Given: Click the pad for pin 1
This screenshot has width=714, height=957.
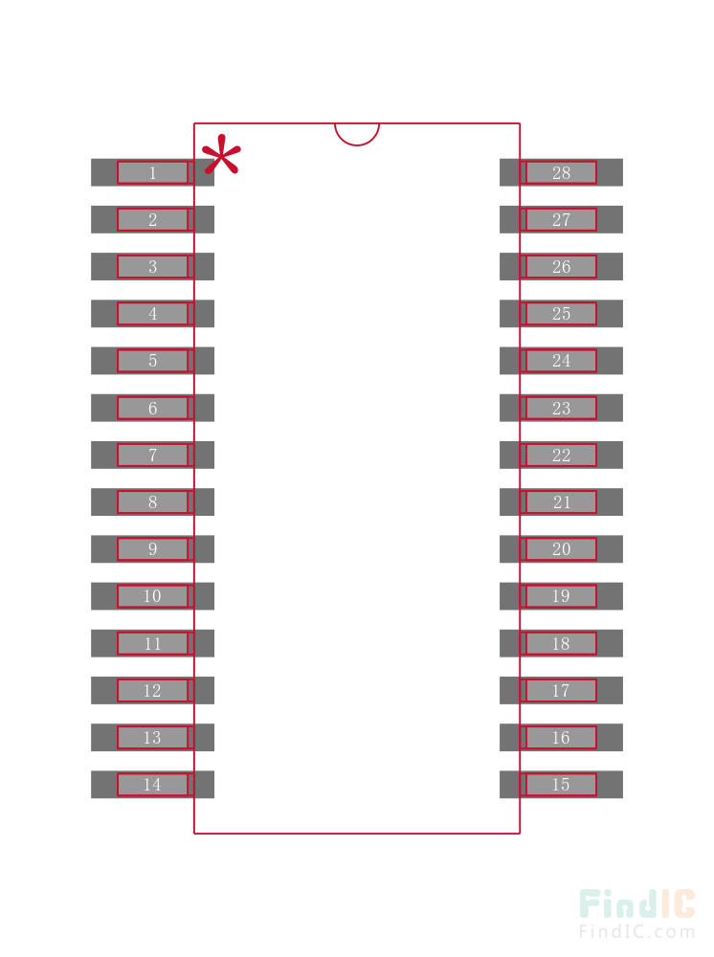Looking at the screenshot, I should pos(152,172).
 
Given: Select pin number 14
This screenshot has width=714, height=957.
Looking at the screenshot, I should pos(152,785).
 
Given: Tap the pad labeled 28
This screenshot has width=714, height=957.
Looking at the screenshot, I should pos(561,172).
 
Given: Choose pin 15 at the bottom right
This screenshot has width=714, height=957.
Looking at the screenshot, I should pos(561,785).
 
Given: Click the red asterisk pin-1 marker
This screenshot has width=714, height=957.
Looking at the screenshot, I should pos(221,156).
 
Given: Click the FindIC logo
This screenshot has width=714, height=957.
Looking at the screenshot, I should pos(636,904).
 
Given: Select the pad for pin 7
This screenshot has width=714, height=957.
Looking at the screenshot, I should pos(152,455).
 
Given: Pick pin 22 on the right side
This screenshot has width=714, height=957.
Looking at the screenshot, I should pos(561,455).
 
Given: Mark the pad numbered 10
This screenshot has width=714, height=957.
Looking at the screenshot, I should pos(152,596).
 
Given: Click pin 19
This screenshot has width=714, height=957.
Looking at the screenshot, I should pos(561,596).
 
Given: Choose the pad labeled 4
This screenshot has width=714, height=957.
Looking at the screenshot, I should pos(152,314).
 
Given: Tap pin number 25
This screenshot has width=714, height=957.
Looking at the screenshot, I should pos(561,314).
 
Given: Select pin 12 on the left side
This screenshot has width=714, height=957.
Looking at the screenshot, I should pos(152,690).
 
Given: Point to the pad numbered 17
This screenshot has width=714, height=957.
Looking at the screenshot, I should pos(561,690).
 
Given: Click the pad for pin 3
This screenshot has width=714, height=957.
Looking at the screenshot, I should pos(152,267).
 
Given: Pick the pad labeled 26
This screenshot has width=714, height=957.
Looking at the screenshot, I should pos(561,267).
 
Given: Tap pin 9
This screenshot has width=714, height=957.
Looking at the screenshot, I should pos(152,549).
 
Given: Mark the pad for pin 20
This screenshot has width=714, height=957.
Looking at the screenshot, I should pos(561,549).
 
